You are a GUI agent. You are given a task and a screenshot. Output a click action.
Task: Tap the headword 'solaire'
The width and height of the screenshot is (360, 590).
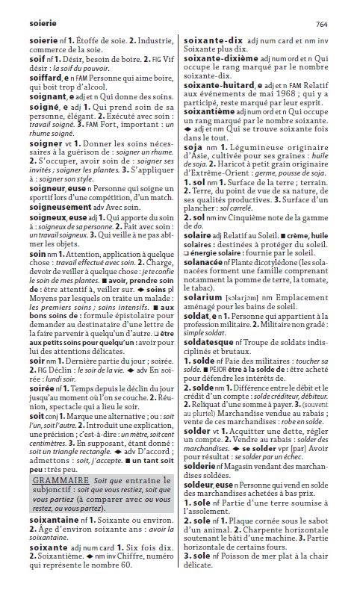(196, 216)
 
